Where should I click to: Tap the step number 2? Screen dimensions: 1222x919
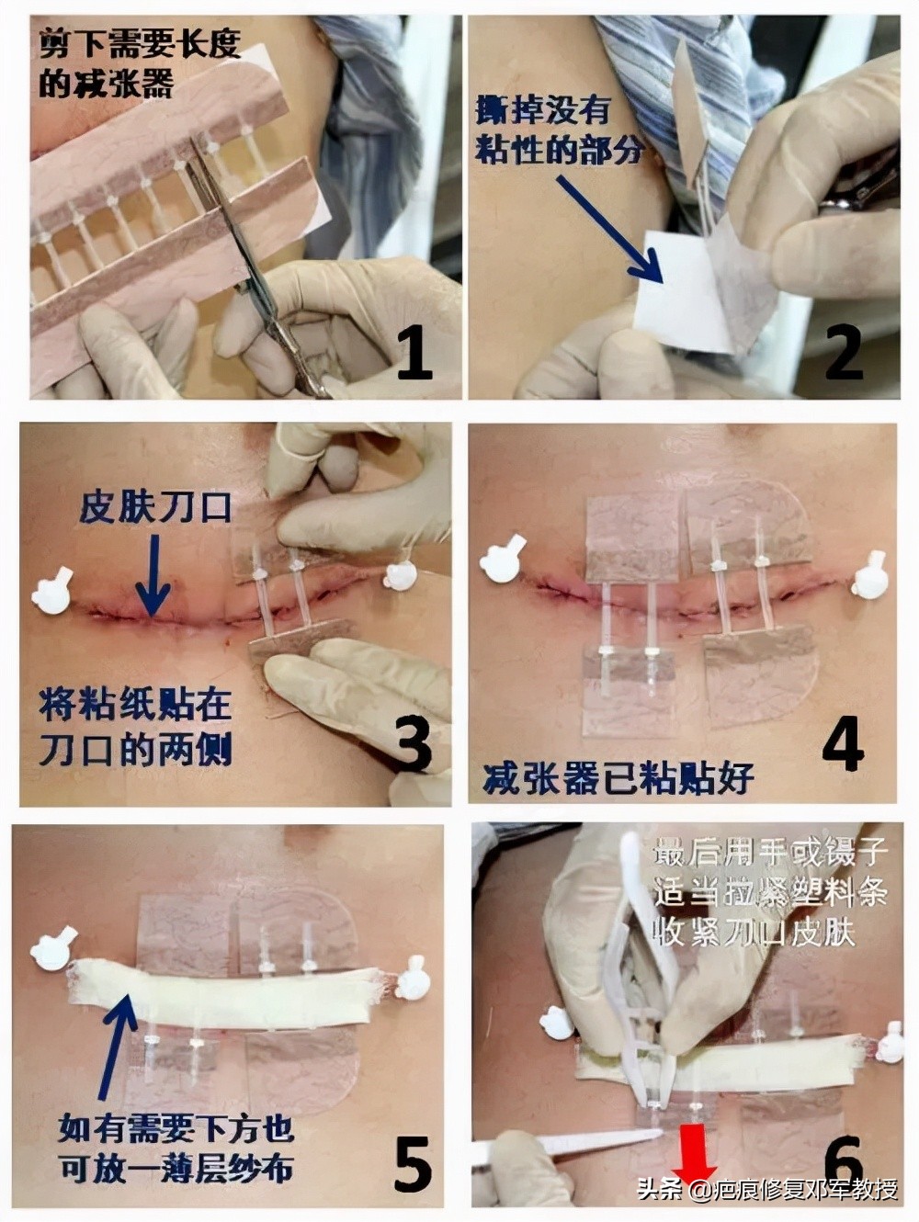pos(844,352)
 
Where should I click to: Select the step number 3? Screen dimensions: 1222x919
pos(414,743)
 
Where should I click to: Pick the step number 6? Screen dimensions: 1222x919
pos(842,1160)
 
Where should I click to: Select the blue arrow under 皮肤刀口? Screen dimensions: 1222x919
pos(153,573)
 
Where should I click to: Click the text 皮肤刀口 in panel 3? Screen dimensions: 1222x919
pos(154,506)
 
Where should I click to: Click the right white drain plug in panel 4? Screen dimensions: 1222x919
pos(868,578)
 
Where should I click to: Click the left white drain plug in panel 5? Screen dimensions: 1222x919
pos(53,951)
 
